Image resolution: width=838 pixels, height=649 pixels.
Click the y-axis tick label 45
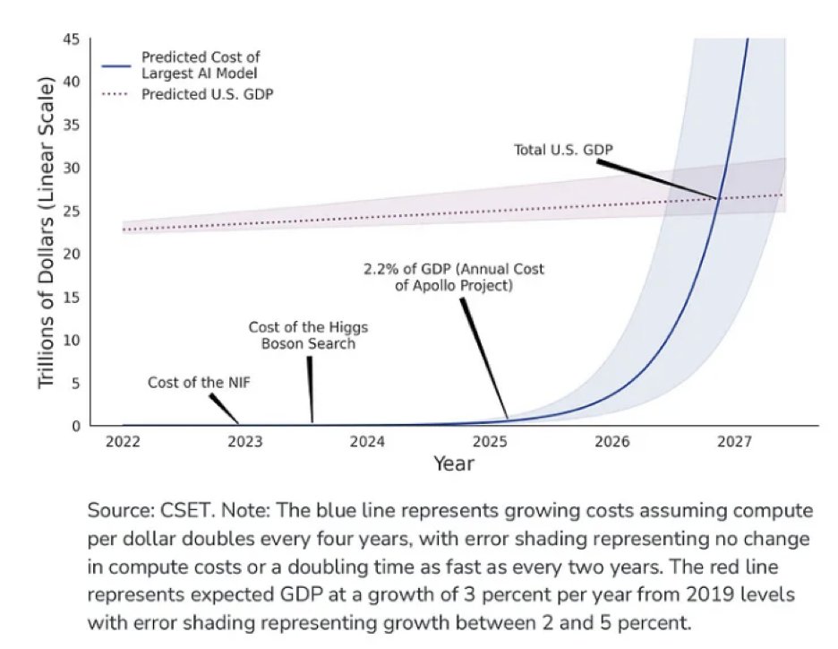pos(72,39)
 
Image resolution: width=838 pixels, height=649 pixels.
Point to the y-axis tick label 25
pos(72,211)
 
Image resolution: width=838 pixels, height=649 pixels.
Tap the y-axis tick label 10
pos(72,340)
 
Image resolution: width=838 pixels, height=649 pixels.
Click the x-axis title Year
pos(454,464)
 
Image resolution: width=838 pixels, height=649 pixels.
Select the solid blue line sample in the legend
pos(115,65)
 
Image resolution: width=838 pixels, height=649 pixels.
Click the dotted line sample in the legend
pos(115,94)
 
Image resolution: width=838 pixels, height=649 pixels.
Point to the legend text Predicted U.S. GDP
pos(207,94)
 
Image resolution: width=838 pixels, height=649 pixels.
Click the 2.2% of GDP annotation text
pos(454,277)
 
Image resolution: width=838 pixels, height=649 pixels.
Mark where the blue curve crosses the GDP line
pos(718,198)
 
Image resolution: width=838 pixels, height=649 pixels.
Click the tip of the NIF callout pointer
pos(238,423)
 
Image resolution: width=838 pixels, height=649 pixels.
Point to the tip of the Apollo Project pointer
pos(507,419)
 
